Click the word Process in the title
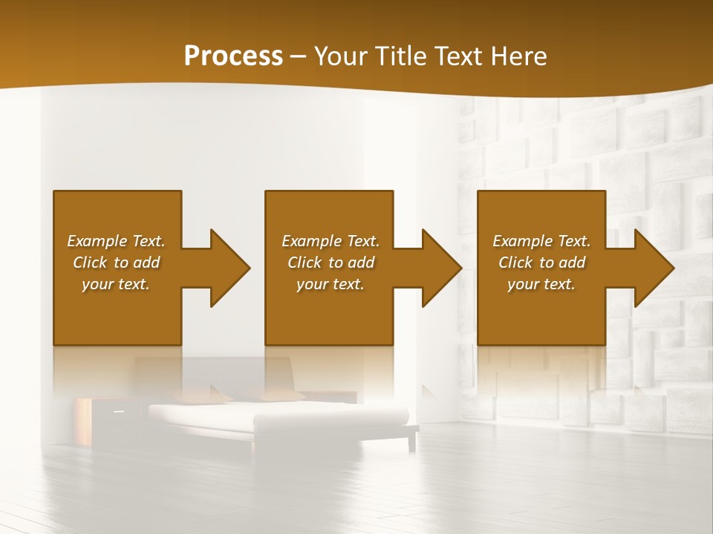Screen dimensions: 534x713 (x=233, y=56)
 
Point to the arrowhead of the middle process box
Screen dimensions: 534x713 (x=441, y=268)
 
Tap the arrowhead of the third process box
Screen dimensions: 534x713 (x=654, y=268)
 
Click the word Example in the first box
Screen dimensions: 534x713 (x=97, y=241)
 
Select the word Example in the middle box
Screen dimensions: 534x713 (x=312, y=241)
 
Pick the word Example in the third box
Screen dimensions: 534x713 (x=523, y=241)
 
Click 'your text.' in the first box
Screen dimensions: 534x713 (x=116, y=284)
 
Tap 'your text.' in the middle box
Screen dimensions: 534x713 (x=331, y=284)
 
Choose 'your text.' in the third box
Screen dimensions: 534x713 (x=541, y=284)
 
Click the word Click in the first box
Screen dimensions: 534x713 (x=91, y=263)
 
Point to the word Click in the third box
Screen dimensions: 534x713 (x=516, y=263)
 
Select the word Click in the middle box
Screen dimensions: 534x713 (x=305, y=263)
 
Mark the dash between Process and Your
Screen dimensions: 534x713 (x=298, y=56)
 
